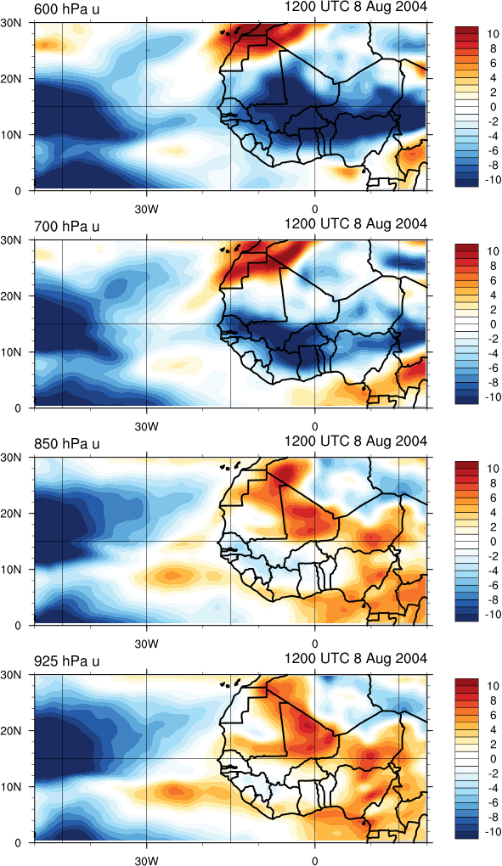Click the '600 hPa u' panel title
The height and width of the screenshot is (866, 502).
tap(67, 8)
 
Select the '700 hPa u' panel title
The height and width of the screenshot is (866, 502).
tap(67, 226)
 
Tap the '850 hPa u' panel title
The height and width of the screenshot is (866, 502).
tap(67, 443)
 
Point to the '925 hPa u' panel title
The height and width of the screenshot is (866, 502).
tap(67, 661)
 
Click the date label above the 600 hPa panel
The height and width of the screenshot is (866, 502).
tap(356, 7)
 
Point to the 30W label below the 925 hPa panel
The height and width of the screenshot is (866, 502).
tap(146, 860)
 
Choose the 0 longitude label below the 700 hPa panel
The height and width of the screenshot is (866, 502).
tap(315, 426)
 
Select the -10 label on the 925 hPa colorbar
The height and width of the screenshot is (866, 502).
tap(492, 832)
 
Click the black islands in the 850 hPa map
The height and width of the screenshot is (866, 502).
tap(231, 467)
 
